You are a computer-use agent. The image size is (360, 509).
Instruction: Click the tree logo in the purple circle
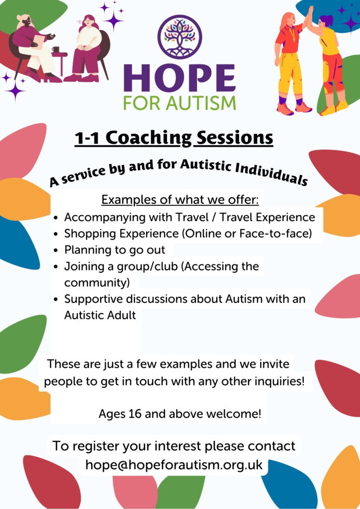[180, 37]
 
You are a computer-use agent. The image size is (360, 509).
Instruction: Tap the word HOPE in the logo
[180, 78]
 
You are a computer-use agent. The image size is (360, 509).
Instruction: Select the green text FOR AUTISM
[180, 103]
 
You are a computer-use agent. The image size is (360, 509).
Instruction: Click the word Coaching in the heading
[149, 138]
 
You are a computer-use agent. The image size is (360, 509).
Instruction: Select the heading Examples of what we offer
[180, 200]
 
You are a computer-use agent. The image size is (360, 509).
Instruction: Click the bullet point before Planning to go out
[57, 251]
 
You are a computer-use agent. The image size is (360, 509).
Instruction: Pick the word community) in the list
[97, 282]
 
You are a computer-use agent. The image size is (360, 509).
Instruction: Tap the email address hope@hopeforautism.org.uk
[174, 465]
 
